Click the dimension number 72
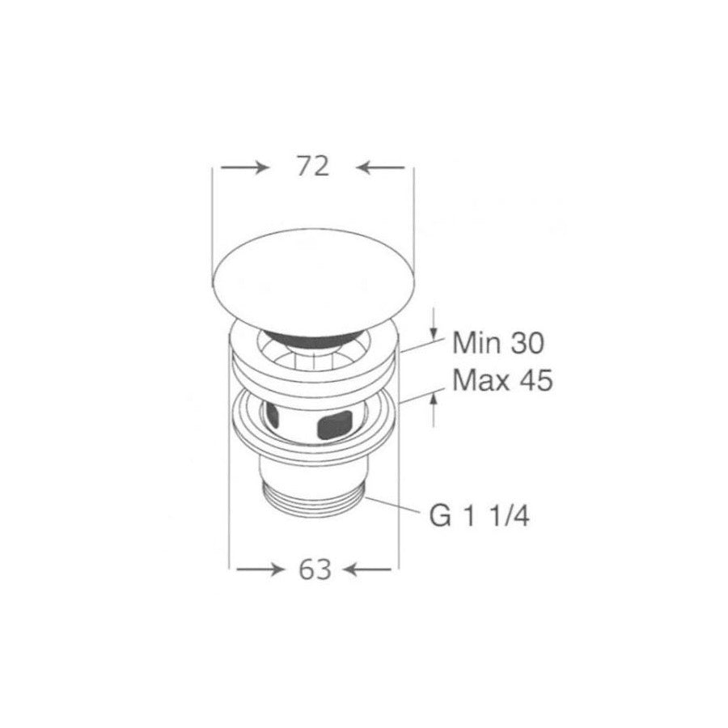pos(313,166)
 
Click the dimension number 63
pos(315,569)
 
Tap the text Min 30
pos(498,343)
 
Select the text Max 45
pos(502,380)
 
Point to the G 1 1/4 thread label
pos(479,515)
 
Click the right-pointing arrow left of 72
pos(244,167)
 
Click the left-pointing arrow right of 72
pos(381,167)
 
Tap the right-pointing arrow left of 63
pos(260,569)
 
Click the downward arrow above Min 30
pos(434,324)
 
